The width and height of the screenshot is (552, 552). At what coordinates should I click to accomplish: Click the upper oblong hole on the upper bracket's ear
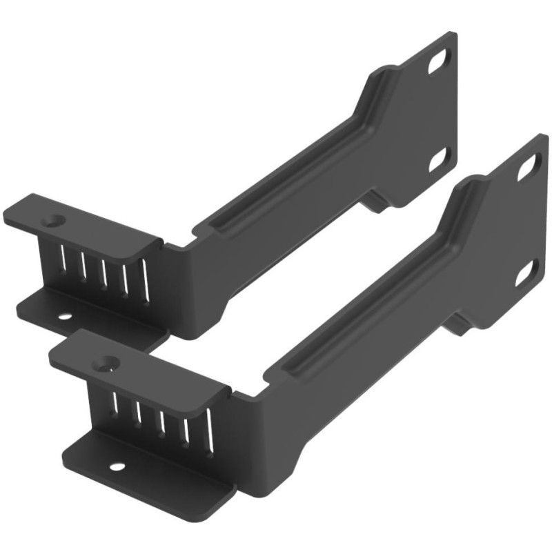(437, 63)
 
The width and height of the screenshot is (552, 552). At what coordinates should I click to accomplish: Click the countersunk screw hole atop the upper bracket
(52, 221)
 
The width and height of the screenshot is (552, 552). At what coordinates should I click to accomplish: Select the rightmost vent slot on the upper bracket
(145, 279)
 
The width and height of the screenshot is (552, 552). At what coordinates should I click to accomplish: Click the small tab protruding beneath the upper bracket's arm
(376, 202)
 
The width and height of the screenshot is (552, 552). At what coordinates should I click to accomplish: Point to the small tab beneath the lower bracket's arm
(459, 321)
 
